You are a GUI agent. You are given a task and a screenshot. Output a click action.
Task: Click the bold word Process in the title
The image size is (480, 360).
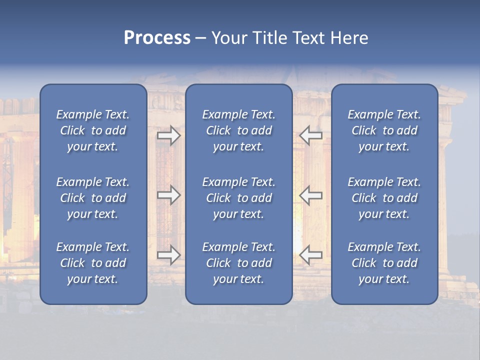(157, 38)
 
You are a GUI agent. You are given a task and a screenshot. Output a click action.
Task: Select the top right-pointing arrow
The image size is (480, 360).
(169, 135)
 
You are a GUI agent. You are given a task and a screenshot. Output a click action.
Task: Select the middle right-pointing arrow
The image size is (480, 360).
(169, 195)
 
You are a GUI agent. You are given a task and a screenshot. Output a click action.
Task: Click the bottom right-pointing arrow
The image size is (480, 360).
(169, 255)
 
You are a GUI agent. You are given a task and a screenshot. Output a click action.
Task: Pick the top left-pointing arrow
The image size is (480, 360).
(310, 135)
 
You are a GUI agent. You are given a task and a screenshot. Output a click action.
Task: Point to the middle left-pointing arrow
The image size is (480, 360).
(310, 195)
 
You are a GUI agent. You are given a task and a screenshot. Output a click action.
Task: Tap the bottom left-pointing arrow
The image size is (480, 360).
(310, 255)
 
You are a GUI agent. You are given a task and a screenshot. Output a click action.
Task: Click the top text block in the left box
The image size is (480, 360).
(93, 130)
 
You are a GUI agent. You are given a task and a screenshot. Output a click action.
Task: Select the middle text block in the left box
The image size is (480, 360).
(93, 198)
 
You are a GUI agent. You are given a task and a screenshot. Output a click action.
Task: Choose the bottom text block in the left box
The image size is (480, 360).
(93, 263)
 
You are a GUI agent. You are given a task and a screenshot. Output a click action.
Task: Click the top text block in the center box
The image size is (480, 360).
(238, 130)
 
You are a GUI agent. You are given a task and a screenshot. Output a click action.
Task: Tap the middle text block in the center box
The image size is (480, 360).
(238, 198)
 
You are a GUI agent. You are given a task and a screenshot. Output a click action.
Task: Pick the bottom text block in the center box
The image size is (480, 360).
(238, 263)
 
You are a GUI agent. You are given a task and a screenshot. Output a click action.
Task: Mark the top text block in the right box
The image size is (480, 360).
(384, 130)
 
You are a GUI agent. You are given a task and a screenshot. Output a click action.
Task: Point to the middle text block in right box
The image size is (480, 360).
(384, 198)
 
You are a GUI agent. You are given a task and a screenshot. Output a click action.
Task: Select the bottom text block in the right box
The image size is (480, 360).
(384, 263)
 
